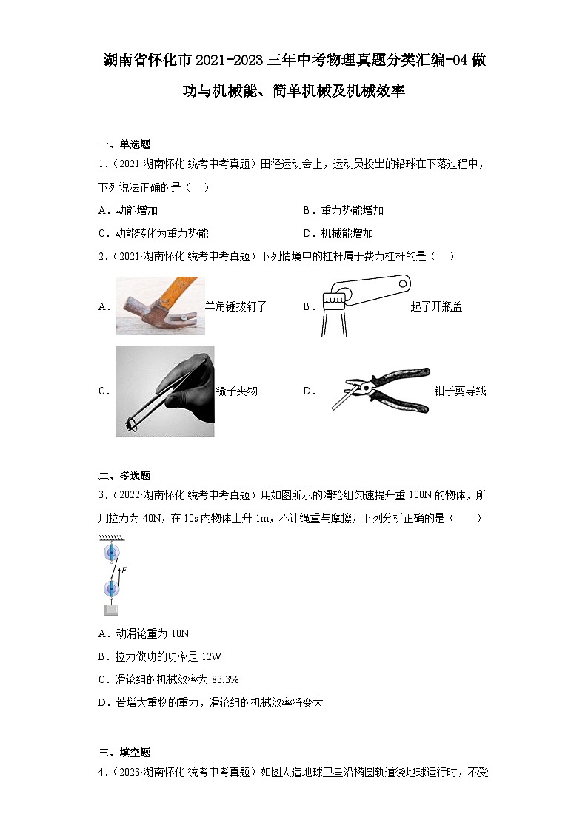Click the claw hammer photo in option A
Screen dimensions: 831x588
(x=160, y=306)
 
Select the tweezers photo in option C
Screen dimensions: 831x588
(x=164, y=391)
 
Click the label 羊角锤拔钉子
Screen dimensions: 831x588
(x=235, y=306)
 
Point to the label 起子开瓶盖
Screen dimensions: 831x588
(x=436, y=306)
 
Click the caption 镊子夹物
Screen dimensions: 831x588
(x=236, y=391)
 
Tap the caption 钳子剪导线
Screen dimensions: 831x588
(x=460, y=391)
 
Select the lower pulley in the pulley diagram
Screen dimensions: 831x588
(x=111, y=589)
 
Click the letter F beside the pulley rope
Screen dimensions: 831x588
(x=124, y=570)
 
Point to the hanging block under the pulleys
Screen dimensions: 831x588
(x=111, y=610)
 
